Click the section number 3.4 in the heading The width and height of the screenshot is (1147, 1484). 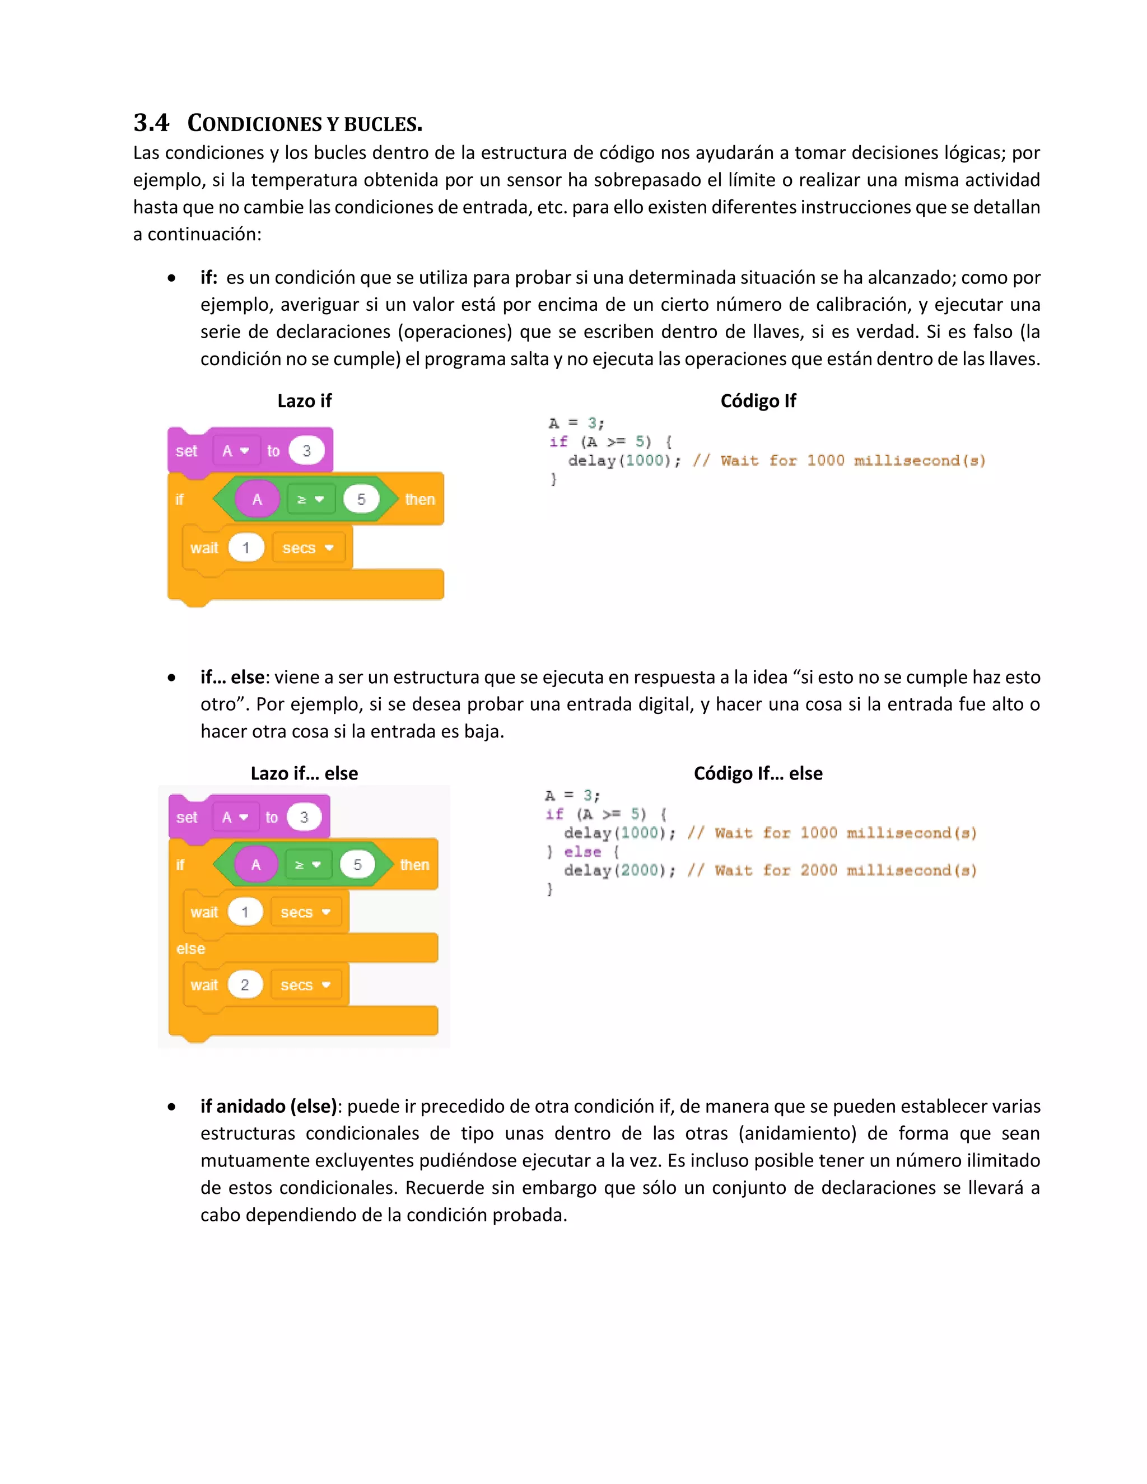(x=151, y=123)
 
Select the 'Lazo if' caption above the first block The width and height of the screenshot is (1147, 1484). (x=305, y=401)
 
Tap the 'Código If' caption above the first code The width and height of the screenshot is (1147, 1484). (x=758, y=401)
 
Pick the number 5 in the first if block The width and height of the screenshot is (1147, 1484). (x=361, y=500)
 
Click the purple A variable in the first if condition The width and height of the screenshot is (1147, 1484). (x=257, y=500)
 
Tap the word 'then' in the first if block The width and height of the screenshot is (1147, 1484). (x=419, y=500)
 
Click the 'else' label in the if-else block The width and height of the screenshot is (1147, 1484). (x=190, y=949)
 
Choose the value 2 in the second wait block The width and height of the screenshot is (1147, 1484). (x=245, y=984)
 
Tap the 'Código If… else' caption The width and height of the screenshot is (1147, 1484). (x=758, y=773)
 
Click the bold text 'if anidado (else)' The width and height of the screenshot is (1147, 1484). (x=268, y=1106)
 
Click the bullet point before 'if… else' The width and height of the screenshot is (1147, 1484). (x=172, y=678)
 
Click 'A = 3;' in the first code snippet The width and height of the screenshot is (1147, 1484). (x=576, y=423)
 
